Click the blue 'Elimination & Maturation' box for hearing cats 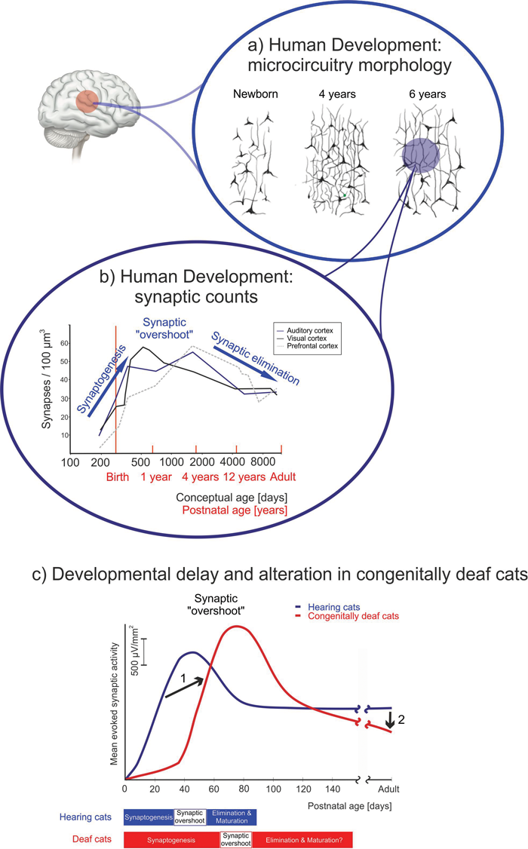[232, 816]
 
